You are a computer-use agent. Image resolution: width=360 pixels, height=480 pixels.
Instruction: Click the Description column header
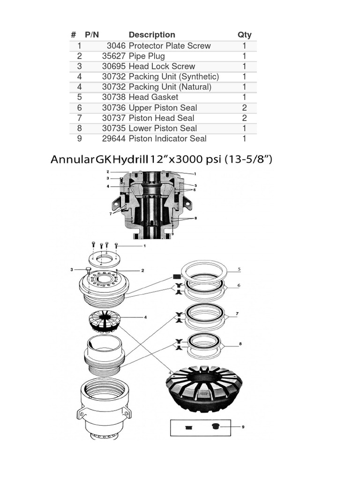tap(151, 35)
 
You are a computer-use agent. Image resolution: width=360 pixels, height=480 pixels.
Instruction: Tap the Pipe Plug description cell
tap(146, 56)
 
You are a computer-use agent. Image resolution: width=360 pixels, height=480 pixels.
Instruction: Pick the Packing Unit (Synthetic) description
tap(173, 77)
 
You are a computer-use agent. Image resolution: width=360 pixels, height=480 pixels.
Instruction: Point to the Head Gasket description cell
tap(153, 97)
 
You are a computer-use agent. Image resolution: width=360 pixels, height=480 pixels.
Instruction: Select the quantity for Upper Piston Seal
tap(244, 108)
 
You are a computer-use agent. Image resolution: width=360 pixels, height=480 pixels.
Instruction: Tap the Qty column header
tap(244, 35)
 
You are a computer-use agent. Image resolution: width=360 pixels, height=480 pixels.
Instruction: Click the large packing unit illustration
tap(204, 388)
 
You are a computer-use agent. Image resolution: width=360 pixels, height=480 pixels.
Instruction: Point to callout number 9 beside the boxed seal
tap(243, 427)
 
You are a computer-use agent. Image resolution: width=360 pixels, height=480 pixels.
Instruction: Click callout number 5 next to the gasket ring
tap(239, 270)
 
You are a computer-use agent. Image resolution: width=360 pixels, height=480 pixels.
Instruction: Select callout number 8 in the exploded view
tap(240, 344)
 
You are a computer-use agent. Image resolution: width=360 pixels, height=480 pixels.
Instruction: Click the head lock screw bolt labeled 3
tap(89, 270)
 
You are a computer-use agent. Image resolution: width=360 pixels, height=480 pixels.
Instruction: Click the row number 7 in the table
tap(80, 118)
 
